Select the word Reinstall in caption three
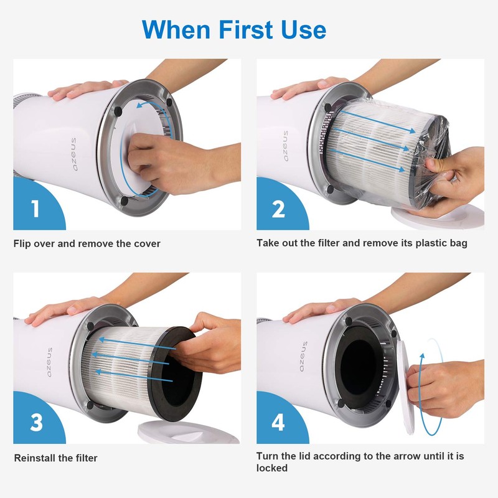(35, 458)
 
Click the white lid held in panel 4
(403, 386)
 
